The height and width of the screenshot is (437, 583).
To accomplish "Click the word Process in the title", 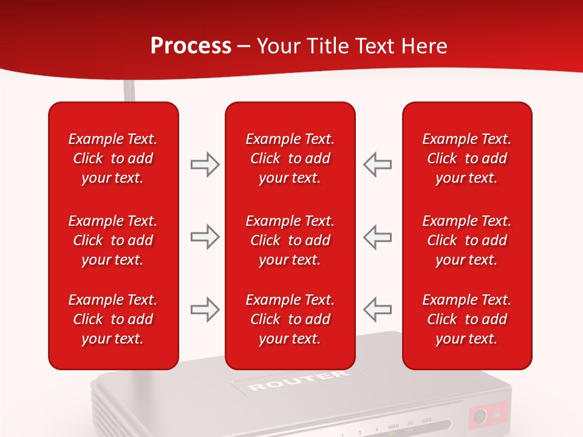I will pos(191,46).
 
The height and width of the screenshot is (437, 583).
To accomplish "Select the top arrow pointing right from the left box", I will pos(205,164).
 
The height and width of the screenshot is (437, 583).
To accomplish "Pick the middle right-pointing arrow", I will pos(205,237).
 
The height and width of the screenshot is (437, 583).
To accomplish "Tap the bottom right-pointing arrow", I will pos(205,310).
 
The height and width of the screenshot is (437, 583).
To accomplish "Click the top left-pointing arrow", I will pos(377,164).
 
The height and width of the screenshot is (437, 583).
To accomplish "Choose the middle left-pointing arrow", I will pos(377,237).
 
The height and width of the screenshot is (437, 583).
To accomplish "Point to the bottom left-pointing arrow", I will pos(377,310).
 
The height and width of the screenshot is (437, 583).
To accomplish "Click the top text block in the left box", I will pos(113,158).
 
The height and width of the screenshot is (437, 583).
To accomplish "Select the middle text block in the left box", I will pos(113,240).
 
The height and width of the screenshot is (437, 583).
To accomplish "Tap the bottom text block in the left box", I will pos(113,319).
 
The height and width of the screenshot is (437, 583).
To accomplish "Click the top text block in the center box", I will pos(290,158).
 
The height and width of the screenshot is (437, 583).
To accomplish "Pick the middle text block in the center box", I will pos(290,240).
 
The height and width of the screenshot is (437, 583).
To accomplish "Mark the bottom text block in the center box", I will pos(290,319).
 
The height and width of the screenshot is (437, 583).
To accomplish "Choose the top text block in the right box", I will pos(466,158).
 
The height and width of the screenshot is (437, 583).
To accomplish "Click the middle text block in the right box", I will pos(466,240).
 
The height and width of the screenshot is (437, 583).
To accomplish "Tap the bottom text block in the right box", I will pos(466,319).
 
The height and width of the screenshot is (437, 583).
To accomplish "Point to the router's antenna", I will pos(129,91).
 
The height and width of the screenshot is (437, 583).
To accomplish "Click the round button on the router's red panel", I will pos(479,416).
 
